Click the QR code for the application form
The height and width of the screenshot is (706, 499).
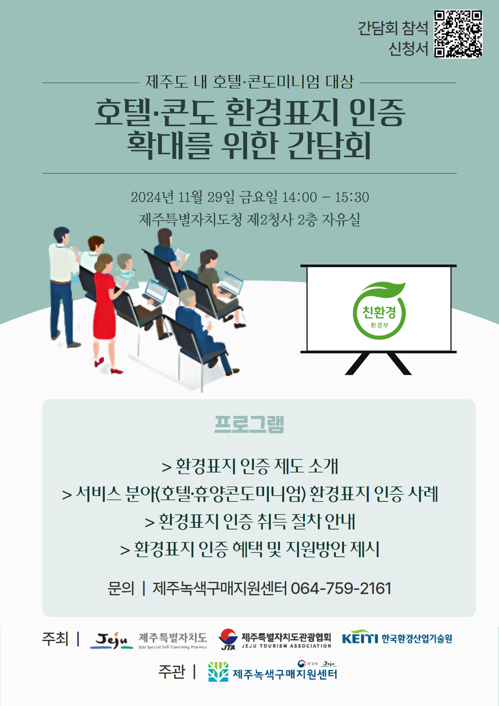click(458, 34)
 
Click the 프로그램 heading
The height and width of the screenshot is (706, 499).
click(249, 424)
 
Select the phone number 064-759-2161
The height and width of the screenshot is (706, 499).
click(341, 588)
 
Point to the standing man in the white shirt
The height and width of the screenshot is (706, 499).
click(63, 285)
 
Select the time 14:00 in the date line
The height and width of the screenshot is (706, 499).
click(300, 197)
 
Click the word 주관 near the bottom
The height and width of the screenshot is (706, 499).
click(172, 672)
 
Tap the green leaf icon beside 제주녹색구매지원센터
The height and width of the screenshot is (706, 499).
click(218, 672)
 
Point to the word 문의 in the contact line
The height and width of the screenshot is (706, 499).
click(121, 588)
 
